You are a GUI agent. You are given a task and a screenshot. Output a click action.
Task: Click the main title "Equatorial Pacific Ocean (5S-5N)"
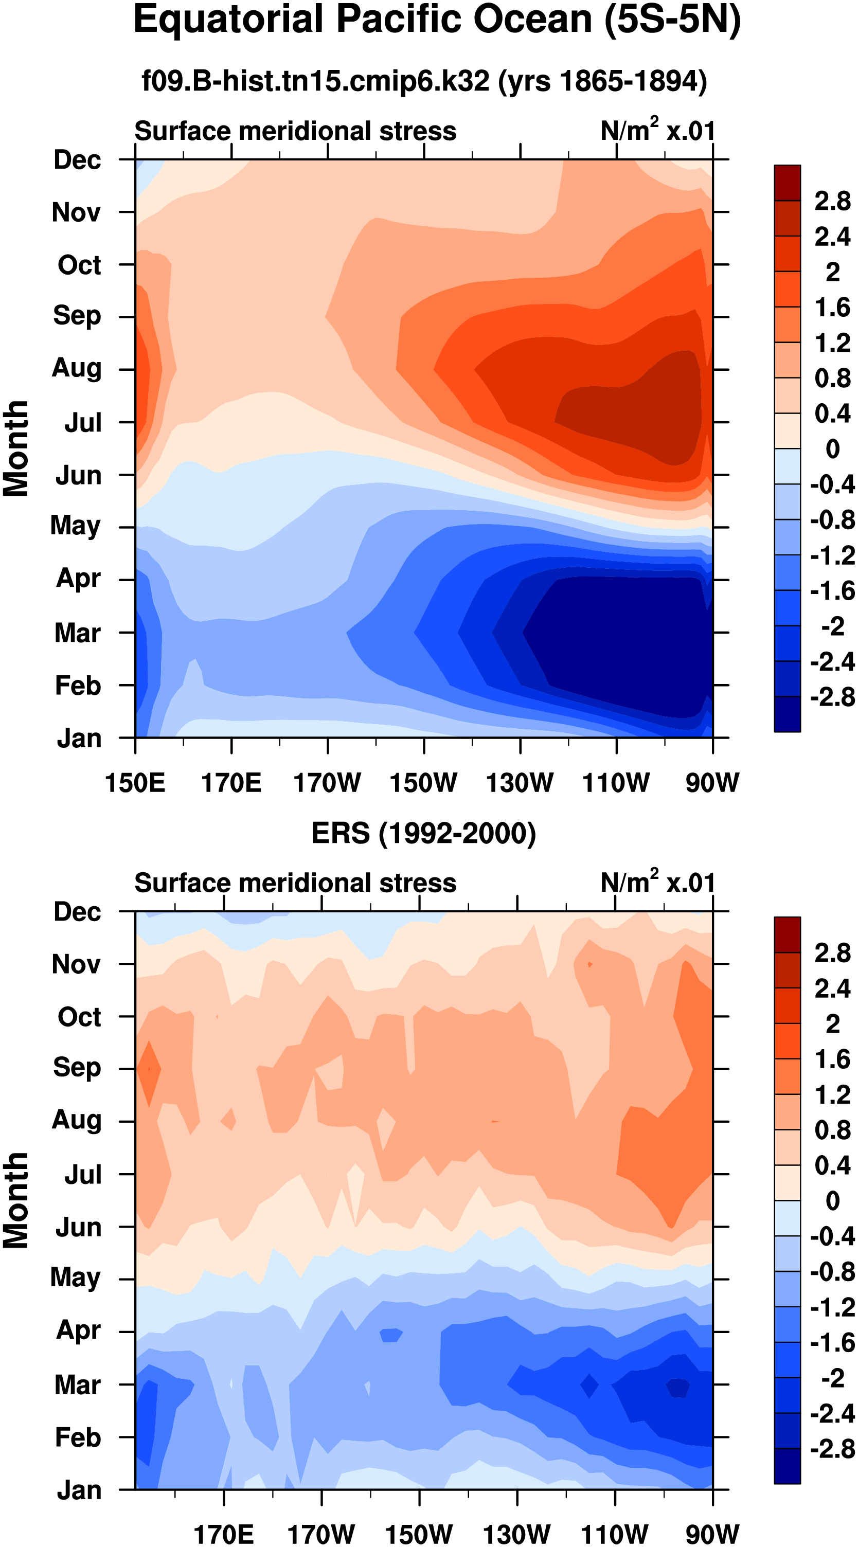[437, 21]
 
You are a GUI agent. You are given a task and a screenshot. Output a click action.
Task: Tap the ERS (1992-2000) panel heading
[423, 834]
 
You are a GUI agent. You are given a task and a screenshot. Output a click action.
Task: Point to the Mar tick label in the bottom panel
[77, 1385]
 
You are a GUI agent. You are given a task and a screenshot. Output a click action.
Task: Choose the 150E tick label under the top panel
[135, 783]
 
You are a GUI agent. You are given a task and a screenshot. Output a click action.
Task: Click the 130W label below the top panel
[520, 783]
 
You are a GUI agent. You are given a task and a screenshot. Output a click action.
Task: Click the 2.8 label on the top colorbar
[832, 201]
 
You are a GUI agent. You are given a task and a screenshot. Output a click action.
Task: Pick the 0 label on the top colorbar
[832, 448]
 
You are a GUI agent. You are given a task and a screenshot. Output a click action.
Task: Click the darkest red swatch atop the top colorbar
[787, 183]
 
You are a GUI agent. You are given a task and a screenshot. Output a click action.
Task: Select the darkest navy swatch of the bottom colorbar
[787, 1466]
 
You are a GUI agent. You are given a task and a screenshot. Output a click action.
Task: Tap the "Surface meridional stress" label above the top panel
[295, 131]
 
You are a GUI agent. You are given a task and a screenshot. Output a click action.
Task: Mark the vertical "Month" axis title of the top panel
[16, 448]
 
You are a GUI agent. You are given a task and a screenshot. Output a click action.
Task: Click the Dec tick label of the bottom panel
[77, 912]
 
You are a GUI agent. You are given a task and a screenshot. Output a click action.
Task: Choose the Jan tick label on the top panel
[79, 738]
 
